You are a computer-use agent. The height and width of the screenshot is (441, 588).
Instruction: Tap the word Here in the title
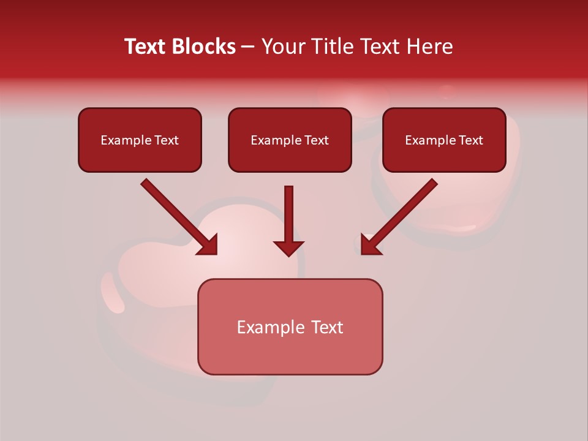click(x=428, y=47)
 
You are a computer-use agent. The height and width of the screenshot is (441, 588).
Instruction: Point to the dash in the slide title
click(x=248, y=47)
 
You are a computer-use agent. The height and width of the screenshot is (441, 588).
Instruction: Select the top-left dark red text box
click(x=140, y=140)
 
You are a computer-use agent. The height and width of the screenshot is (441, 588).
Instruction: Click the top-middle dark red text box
click(x=290, y=140)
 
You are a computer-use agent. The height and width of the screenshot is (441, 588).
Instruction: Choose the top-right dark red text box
click(x=444, y=140)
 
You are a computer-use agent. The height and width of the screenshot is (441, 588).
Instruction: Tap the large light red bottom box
click(x=290, y=326)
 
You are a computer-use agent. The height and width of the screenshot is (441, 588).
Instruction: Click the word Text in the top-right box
click(x=470, y=140)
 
